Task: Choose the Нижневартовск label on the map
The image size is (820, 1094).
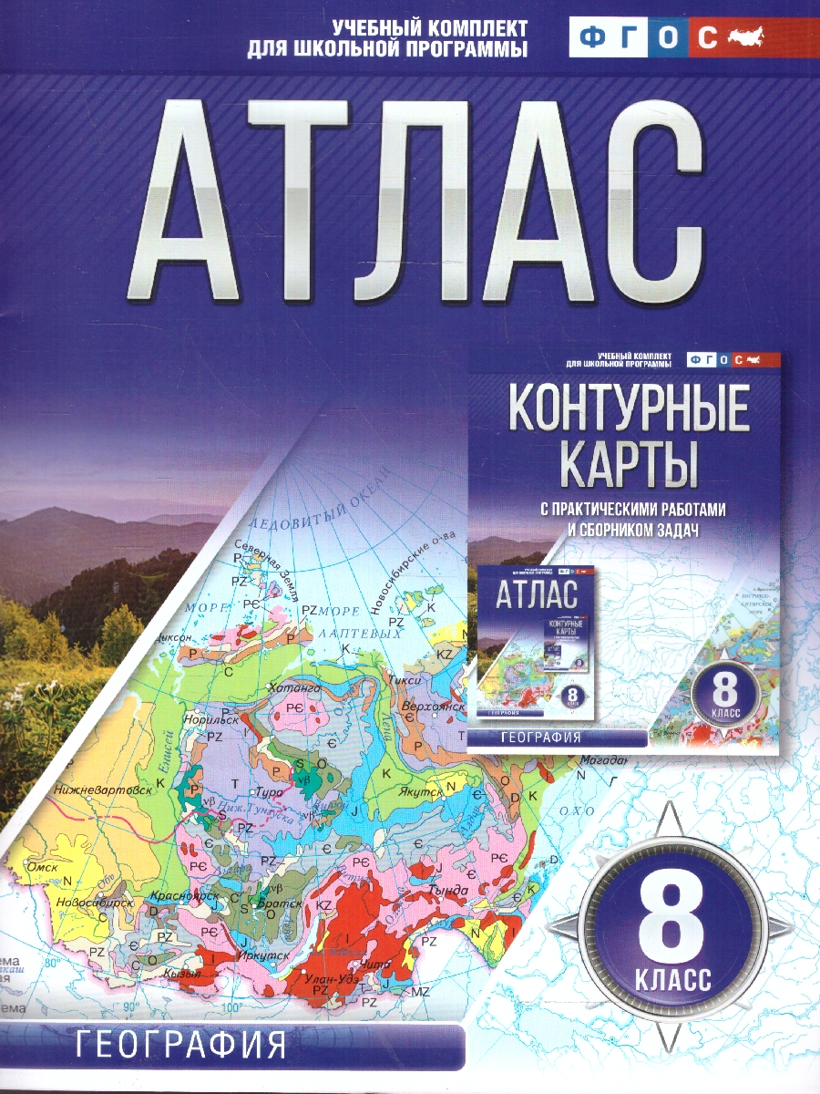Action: pos(102,790)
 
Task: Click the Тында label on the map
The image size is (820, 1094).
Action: pos(447,890)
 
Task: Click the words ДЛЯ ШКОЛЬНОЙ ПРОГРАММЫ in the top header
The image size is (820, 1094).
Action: pos(387,50)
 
